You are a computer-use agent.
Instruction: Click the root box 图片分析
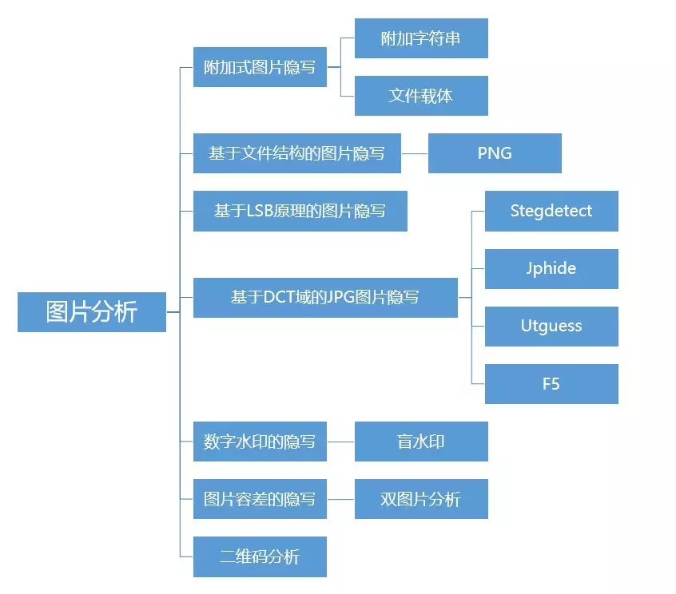(x=92, y=312)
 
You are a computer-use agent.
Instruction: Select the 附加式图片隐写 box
(x=260, y=67)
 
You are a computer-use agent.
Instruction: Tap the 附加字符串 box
(x=421, y=38)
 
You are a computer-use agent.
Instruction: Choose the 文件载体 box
(x=421, y=96)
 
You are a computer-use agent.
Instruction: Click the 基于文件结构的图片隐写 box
(x=296, y=153)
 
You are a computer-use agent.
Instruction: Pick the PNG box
(x=495, y=153)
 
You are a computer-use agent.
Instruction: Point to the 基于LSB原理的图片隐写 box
(x=300, y=211)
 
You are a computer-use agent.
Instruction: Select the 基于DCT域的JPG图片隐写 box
(x=325, y=298)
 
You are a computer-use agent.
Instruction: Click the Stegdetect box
(x=551, y=212)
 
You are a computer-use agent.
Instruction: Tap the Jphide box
(x=551, y=269)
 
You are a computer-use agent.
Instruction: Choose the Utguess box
(x=551, y=327)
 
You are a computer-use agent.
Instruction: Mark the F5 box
(x=551, y=384)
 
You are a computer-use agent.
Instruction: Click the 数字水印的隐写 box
(x=260, y=442)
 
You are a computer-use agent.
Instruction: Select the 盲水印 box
(x=421, y=442)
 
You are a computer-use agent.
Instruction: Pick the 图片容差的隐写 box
(x=260, y=499)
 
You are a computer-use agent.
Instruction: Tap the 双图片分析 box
(x=421, y=499)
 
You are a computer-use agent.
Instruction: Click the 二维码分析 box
(x=260, y=556)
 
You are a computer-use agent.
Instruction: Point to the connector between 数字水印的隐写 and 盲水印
(x=340, y=442)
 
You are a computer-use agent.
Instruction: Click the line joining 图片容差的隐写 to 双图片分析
(x=340, y=499)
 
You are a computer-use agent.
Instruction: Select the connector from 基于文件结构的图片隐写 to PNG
(x=414, y=153)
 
